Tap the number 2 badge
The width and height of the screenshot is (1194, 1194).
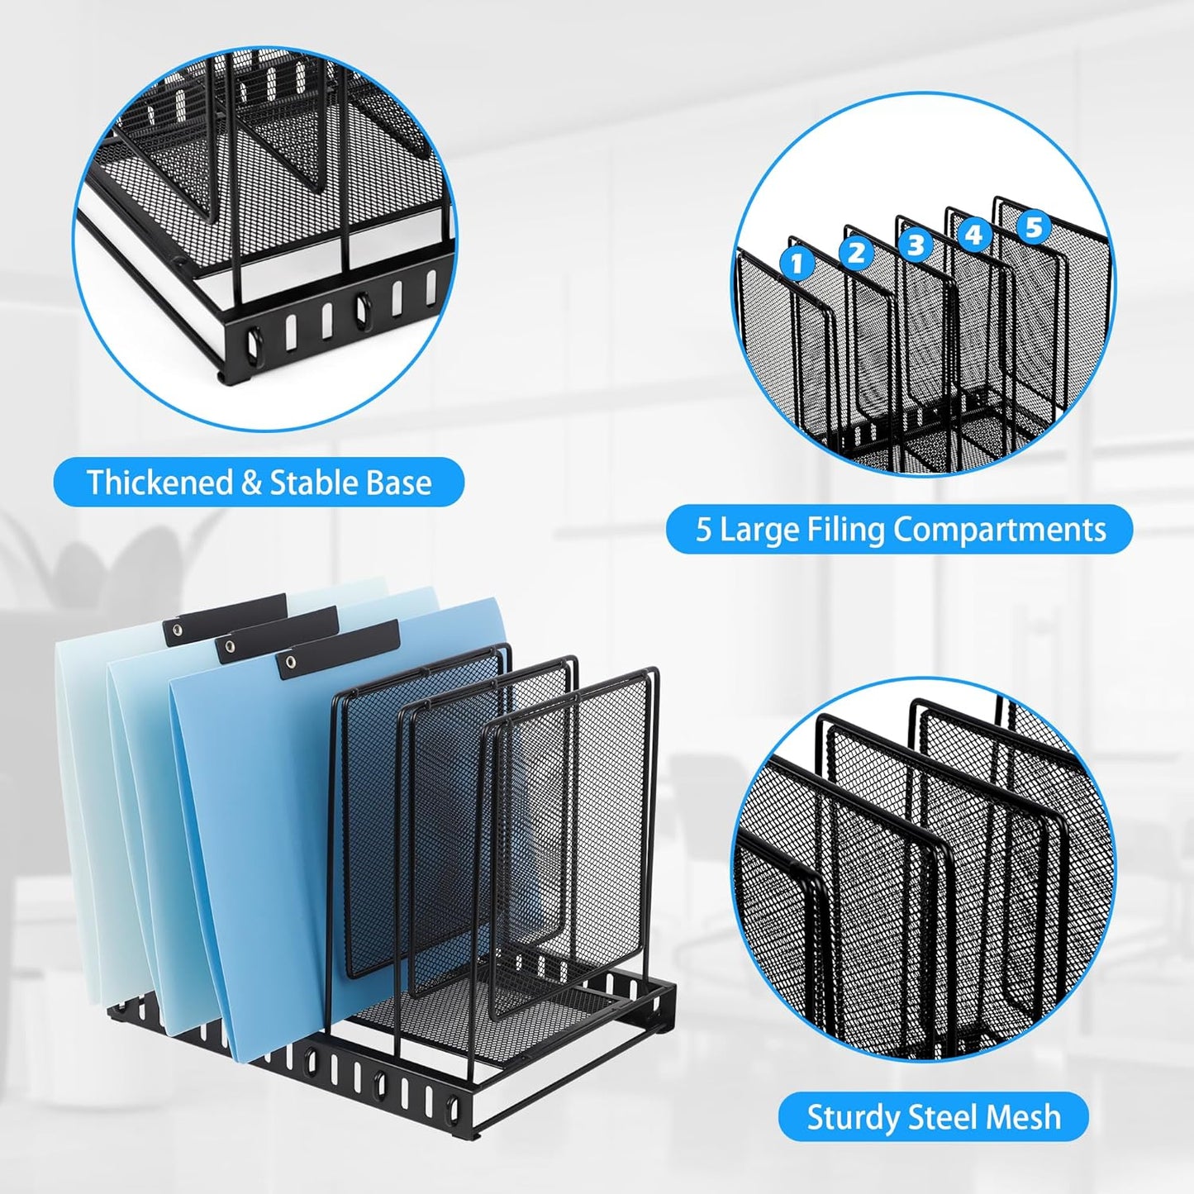click(x=856, y=253)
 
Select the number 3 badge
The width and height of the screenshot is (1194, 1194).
click(x=915, y=245)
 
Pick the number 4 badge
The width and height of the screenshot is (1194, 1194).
click(x=973, y=235)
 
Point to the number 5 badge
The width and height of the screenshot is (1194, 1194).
click(x=1034, y=226)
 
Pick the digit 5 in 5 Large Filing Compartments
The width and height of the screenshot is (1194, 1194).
click(x=703, y=530)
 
